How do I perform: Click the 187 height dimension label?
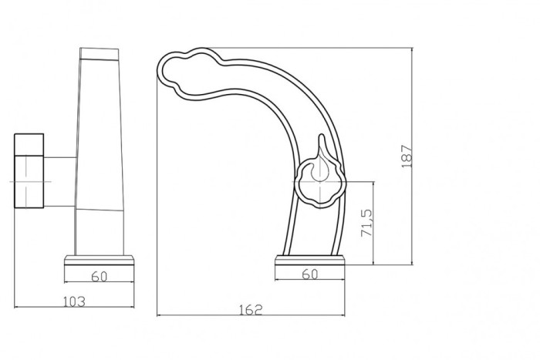pyautogui.click(x=407, y=156)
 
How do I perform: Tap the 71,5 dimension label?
pyautogui.click(x=366, y=223)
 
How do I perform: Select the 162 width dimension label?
pyautogui.click(x=251, y=310)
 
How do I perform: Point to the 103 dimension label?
pyautogui.click(x=74, y=301)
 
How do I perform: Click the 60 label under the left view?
pyautogui.click(x=100, y=277)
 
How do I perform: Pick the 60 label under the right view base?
pyautogui.click(x=310, y=274)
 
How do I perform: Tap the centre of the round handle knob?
pyautogui.click(x=320, y=182)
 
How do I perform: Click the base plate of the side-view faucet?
pyautogui.click(x=99, y=260)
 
